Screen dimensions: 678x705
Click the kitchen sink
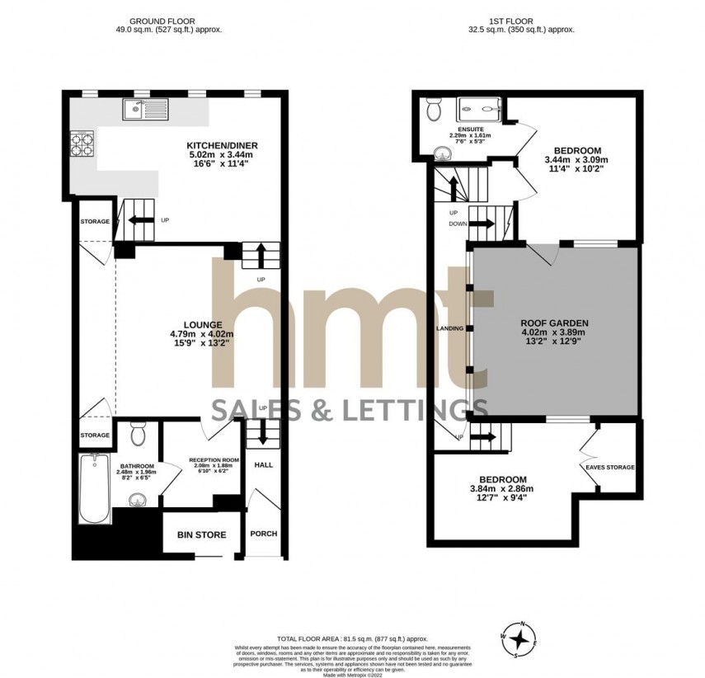coord(144,108)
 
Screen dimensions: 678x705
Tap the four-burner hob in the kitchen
coord(83,144)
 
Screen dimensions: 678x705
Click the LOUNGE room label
coord(202,325)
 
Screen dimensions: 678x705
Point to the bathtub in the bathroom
coord(94,488)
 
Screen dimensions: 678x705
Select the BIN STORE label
coord(201,535)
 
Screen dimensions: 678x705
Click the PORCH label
coord(264,534)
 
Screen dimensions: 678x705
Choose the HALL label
coord(264,464)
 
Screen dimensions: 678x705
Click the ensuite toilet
coord(435,111)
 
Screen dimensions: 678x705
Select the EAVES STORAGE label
coord(610,468)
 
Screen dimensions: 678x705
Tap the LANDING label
coord(449,328)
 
